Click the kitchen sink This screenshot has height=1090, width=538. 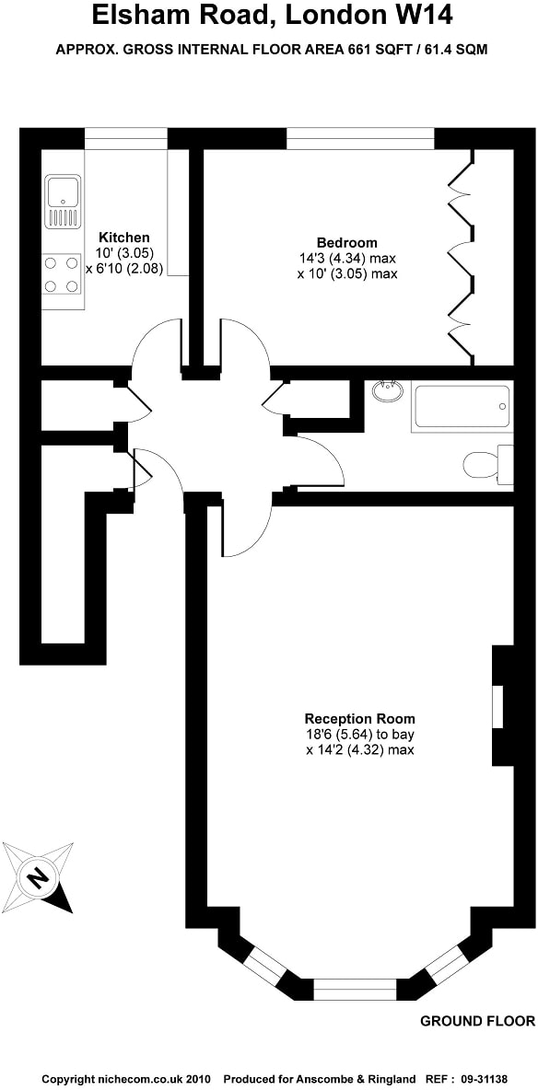63,203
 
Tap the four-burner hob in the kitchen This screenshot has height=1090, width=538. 62,274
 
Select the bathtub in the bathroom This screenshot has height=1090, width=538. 461,406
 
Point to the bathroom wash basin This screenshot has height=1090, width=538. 388,392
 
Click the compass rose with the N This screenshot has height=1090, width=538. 38,875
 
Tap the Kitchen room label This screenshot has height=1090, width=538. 124,238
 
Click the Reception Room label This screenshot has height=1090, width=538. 359,718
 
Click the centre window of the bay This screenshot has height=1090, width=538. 355,991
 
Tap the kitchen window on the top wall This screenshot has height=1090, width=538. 125,138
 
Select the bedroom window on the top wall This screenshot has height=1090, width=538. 359,138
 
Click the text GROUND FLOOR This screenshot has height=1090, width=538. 477,1021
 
